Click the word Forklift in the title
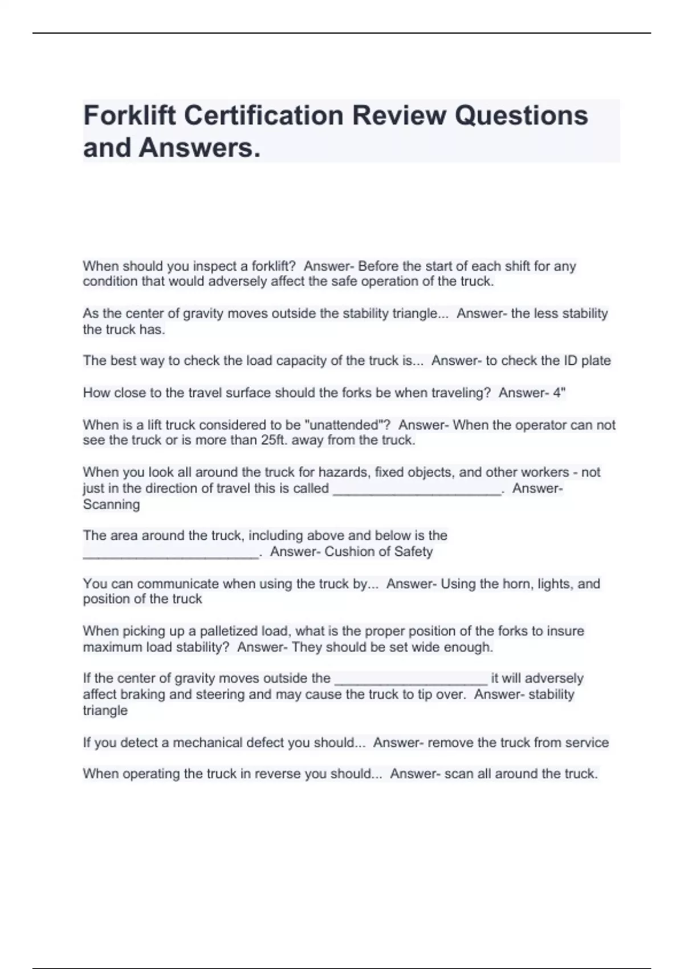point(129,116)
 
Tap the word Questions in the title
point(521,116)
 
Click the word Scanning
point(111,504)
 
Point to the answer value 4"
point(559,393)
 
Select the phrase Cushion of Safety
point(378,552)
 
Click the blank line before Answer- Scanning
point(417,490)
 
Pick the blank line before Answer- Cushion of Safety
point(170,553)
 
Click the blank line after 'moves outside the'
point(411,680)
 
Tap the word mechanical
point(208,743)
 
